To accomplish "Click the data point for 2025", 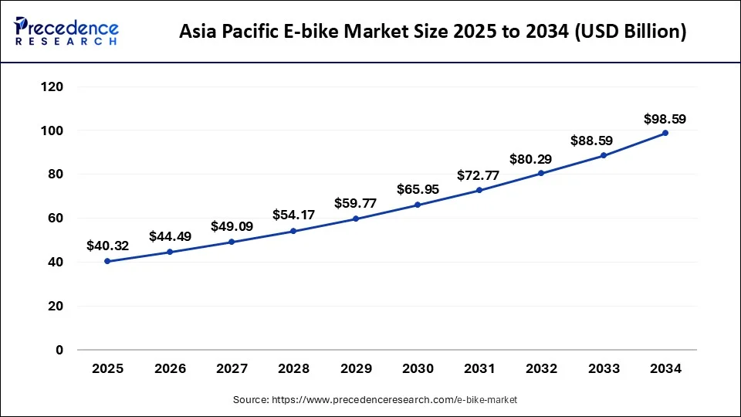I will [108, 261].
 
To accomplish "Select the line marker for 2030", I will [418, 205].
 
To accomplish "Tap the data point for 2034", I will [665, 133].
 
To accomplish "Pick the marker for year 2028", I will [293, 231].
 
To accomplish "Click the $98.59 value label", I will [665, 119].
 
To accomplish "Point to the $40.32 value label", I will [107, 246].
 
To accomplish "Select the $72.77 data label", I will [479, 175].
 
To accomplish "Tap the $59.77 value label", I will [356, 204].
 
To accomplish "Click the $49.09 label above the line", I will [232, 227].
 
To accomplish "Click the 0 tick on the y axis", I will [59, 350].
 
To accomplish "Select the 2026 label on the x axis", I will [170, 369].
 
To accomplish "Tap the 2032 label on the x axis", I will [541, 369].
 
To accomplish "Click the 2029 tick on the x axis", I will [356, 369].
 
